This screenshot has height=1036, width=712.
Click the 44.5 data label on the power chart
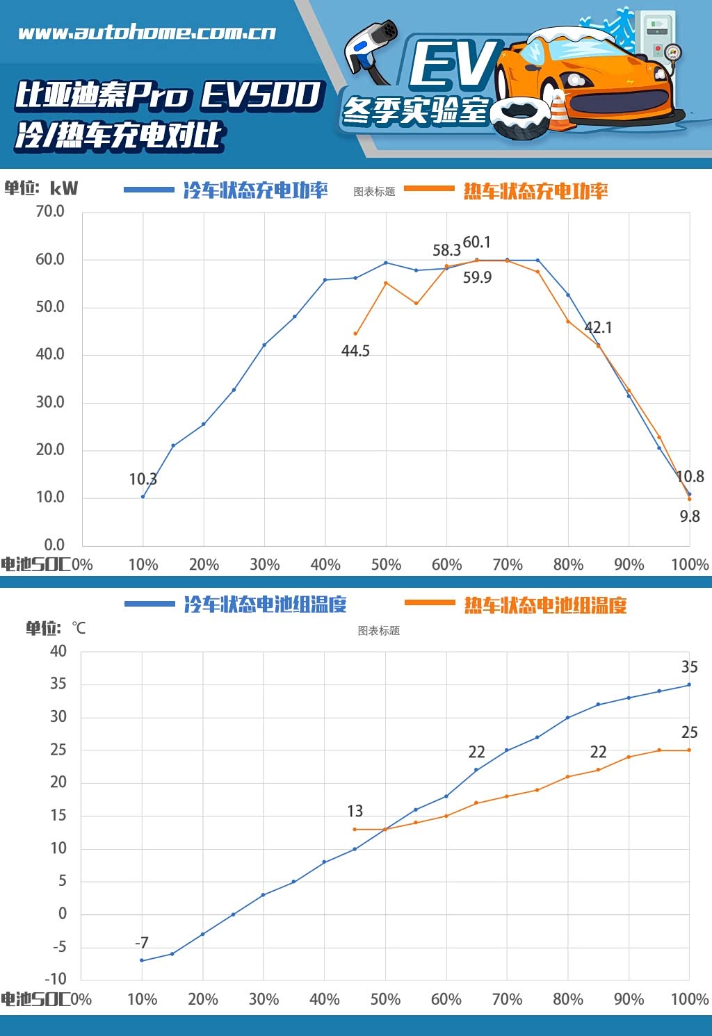[x=355, y=351]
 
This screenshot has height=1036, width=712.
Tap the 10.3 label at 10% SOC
[x=143, y=479]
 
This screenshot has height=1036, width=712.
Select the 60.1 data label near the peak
[x=477, y=242]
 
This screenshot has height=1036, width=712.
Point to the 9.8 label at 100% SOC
[x=689, y=516]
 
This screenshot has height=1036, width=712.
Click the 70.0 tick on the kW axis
[x=50, y=211]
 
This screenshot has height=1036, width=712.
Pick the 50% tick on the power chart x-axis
[x=386, y=564]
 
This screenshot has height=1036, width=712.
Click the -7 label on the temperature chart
[x=142, y=943]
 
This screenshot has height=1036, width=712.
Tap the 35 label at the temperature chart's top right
[x=689, y=667]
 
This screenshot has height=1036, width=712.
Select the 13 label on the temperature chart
[x=355, y=811]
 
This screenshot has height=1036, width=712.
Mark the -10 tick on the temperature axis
[x=55, y=978]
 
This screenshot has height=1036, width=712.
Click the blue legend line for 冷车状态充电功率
[x=149, y=190]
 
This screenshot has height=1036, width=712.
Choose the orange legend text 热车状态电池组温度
[x=545, y=605]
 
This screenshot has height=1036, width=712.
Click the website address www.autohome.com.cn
[x=147, y=33]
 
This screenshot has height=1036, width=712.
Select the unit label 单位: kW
[x=41, y=188]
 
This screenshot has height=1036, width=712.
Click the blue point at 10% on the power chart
[x=143, y=496]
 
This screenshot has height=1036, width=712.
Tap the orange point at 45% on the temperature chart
[x=355, y=829]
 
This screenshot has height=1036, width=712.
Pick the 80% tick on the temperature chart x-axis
[x=567, y=999]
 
